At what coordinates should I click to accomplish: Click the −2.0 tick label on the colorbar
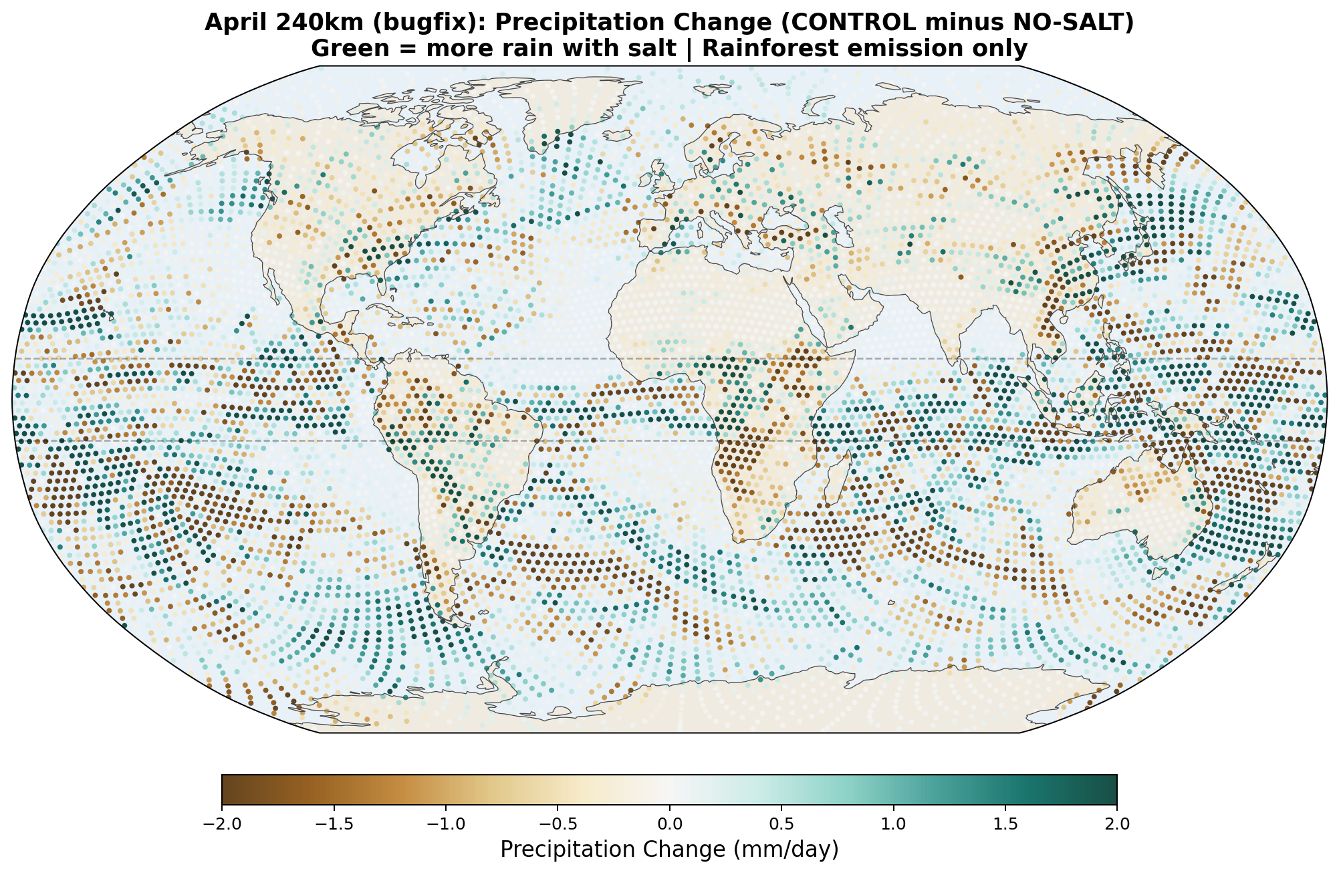221,824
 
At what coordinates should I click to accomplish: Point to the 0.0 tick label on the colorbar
669,824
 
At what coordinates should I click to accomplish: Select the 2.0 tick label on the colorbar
1116,824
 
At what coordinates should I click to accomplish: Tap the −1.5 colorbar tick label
333,824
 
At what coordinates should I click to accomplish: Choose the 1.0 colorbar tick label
893,824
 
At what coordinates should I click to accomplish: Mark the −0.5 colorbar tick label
557,824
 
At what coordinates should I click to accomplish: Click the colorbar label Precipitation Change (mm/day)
669,850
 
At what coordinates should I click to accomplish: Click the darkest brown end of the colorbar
225,789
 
